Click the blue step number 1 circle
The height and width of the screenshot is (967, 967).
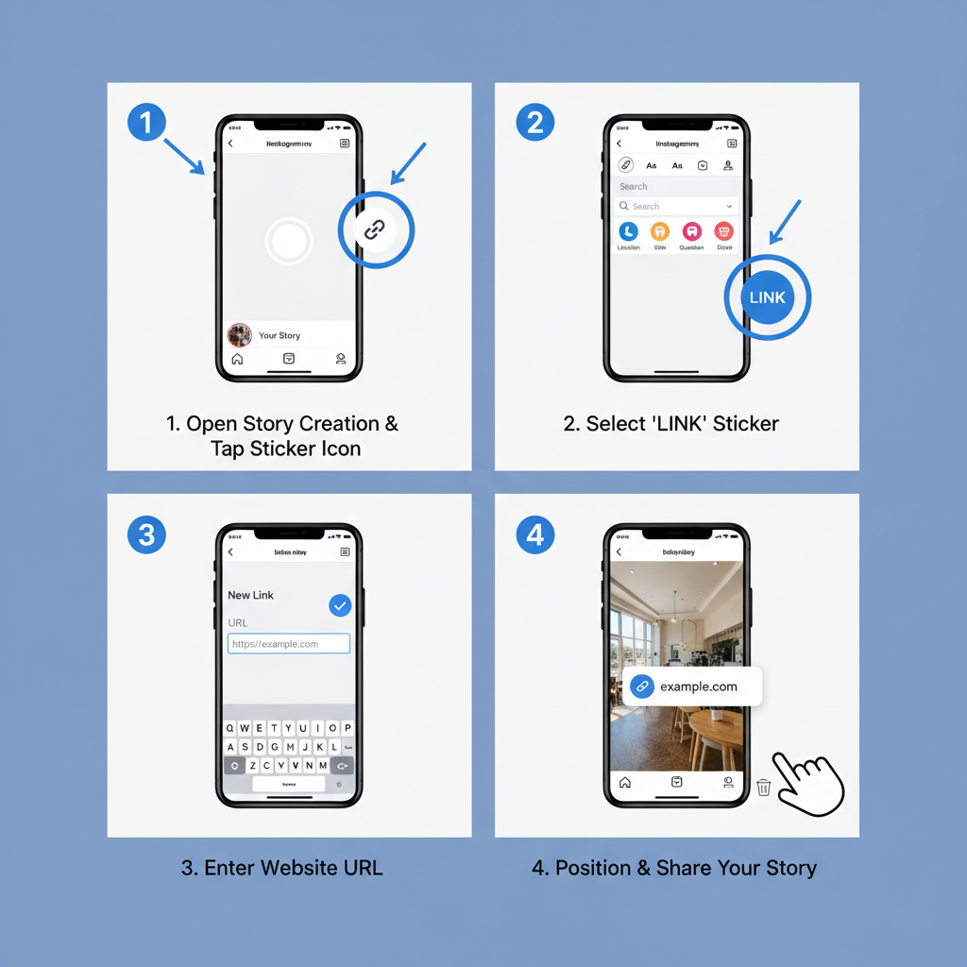[146, 123]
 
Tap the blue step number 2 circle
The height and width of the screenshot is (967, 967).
[535, 123]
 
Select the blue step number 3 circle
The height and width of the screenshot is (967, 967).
[146, 535]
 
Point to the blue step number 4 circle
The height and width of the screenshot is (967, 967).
[535, 535]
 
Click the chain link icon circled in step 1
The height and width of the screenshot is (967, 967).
[376, 229]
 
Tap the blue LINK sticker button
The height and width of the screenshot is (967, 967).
[767, 297]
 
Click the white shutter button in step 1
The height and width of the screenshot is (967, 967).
[288, 242]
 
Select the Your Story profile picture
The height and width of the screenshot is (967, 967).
[240, 335]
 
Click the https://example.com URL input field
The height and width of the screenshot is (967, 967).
[289, 644]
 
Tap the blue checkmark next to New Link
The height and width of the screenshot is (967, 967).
[340, 605]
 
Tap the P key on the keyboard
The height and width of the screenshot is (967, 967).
[348, 728]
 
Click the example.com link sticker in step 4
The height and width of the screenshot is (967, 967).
[691, 687]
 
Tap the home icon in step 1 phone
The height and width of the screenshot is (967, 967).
[237, 359]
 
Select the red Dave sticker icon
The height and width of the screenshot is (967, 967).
[724, 231]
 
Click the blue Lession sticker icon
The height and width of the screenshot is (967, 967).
[628, 231]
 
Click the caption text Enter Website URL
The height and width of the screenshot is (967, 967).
[282, 867]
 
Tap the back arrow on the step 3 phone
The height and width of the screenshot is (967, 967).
[230, 552]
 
